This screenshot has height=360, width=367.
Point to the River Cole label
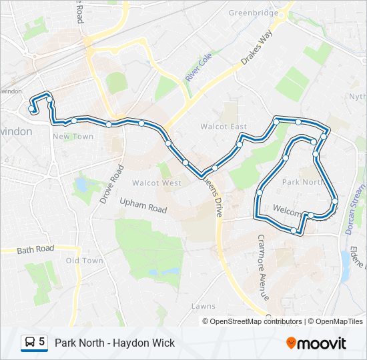[x=198, y=69]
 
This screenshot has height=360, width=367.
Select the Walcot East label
[x=224, y=127]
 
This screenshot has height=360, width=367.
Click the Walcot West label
[x=156, y=183]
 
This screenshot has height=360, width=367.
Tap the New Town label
[x=73, y=136]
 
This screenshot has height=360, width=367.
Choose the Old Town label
[x=85, y=261]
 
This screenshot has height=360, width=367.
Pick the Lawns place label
[x=204, y=306]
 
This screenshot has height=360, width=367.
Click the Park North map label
[x=302, y=181]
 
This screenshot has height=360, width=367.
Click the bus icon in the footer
[x=30, y=343]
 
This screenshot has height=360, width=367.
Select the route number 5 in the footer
[x=42, y=343]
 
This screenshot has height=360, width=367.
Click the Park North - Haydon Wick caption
[x=115, y=343]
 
